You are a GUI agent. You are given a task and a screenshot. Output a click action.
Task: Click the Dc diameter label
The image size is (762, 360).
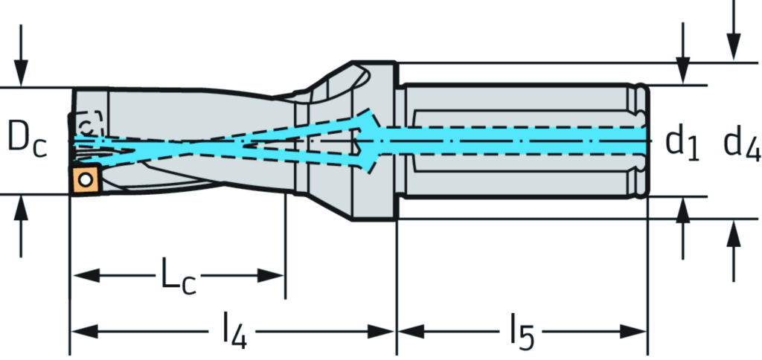(28, 141)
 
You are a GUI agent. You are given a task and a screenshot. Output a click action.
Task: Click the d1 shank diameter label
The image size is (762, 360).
(682, 142)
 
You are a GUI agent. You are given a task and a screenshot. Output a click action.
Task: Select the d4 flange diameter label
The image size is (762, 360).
(742, 144)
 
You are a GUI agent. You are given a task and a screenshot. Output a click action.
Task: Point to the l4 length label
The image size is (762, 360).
(233, 332)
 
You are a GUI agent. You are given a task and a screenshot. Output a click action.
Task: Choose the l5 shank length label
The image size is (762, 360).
(522, 332)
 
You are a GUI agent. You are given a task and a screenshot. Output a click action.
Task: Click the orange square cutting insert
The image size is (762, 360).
(87, 179)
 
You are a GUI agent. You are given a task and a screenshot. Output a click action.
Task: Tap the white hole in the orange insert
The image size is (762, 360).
(87, 179)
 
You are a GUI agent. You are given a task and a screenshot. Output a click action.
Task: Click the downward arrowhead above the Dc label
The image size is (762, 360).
(22, 77)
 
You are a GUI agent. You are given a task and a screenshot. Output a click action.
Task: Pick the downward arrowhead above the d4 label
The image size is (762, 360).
(734, 49)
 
